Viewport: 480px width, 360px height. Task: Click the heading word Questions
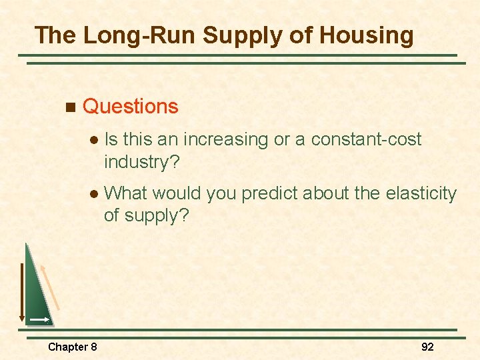pyautogui.click(x=130, y=107)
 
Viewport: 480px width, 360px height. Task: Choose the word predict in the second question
pyautogui.click(x=269, y=193)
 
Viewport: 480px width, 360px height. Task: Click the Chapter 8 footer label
pyautogui.click(x=72, y=347)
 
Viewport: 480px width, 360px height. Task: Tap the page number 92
pyautogui.click(x=427, y=347)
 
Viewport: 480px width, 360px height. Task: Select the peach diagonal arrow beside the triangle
pyautogui.click(x=50, y=287)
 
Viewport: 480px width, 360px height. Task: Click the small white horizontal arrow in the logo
pyautogui.click(x=39, y=320)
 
